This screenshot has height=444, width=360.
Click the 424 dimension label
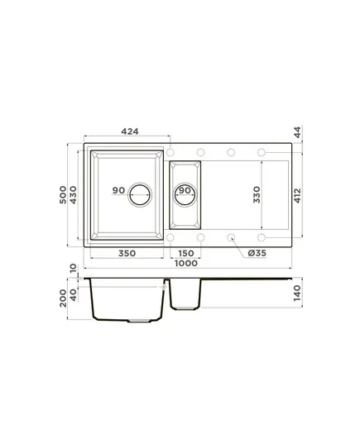tap(130, 131)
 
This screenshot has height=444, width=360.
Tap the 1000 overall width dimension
tap(186, 264)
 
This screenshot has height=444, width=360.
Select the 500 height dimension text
tap(63, 194)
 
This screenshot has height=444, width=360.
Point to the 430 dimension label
tap(73, 195)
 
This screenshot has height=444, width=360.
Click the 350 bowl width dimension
tap(127, 253)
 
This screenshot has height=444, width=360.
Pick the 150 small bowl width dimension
tap(186, 253)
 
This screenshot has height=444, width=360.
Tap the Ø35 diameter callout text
tap(257, 253)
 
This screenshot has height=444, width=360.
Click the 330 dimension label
tap(257, 194)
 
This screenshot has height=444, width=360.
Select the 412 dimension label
tap(297, 196)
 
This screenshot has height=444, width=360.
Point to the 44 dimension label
tap(297, 132)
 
